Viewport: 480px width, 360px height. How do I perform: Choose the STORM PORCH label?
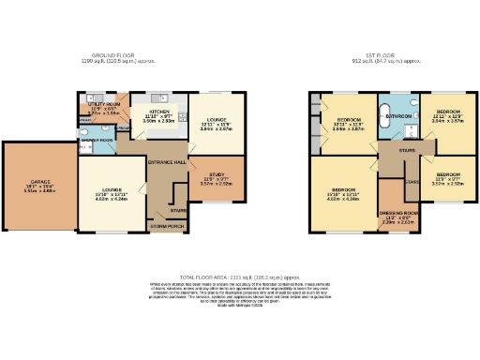tap(168, 226)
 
